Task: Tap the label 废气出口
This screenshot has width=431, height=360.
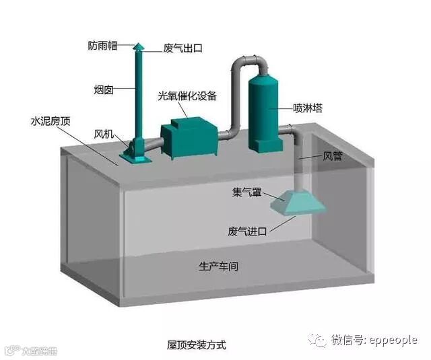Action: [x=183, y=48]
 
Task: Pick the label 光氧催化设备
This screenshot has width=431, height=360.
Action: [x=187, y=96]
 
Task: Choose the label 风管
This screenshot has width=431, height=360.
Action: [x=333, y=157]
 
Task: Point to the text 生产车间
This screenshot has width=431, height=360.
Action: [x=218, y=266]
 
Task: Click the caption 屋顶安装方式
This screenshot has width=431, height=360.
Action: [x=197, y=345]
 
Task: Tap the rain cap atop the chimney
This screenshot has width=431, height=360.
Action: [x=139, y=46]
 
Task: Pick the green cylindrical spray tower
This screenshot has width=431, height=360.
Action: [x=264, y=111]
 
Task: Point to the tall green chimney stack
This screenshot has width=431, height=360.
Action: [x=139, y=94]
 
